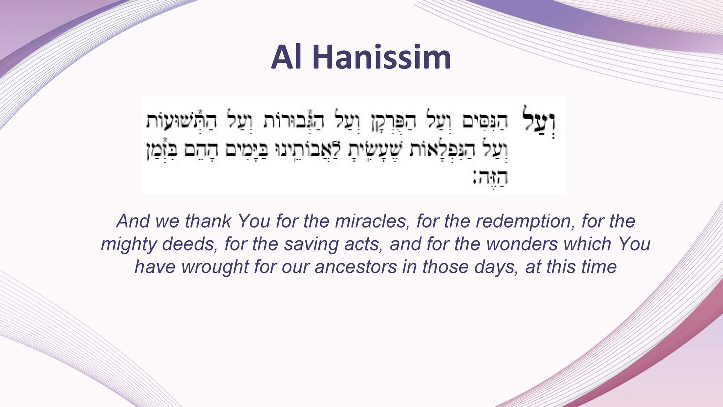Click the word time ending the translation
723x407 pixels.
(598, 267)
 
